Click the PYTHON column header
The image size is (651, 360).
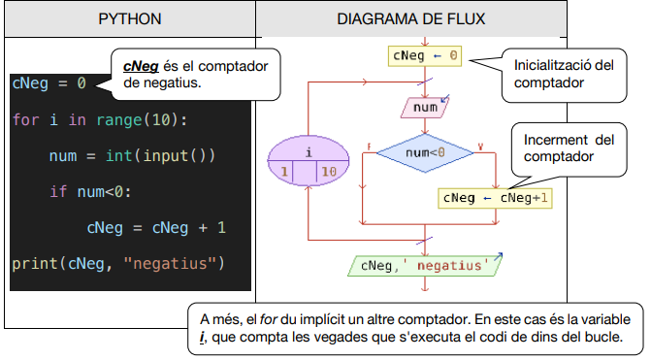[129, 19]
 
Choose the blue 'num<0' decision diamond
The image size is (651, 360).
[424, 152]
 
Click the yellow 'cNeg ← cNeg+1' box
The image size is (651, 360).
[496, 197]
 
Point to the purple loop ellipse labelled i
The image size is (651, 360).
[308, 161]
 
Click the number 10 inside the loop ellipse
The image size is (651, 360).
[328, 172]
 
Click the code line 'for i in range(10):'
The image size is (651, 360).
[99, 120]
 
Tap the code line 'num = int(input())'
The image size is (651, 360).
[132, 156]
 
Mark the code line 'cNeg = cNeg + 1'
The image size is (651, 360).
[155, 227]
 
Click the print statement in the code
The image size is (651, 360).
[117, 263]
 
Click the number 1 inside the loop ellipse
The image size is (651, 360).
[286, 172]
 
